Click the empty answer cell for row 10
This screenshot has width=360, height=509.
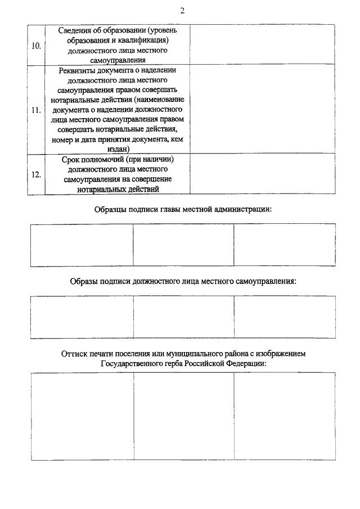263,44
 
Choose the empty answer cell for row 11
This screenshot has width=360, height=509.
263,109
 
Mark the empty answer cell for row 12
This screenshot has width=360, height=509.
263,174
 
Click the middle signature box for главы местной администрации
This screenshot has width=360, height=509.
183,245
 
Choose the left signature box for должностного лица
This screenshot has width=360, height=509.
82,317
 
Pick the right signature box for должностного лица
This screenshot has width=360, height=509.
285,317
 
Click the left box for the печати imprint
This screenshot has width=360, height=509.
82,416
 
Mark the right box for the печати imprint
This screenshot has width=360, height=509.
285,416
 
